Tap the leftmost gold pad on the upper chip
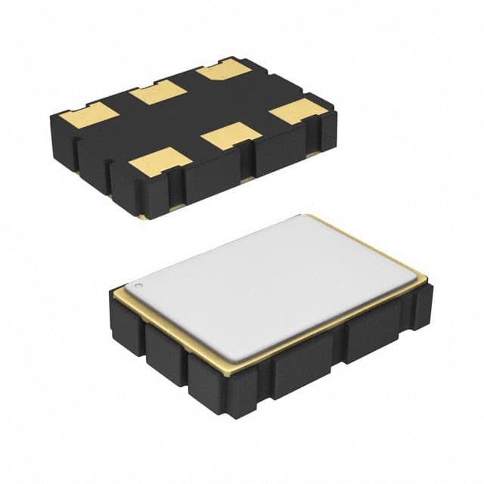tap(89, 114)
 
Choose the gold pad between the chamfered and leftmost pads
tap(157, 94)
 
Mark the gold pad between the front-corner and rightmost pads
tap(232, 135)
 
